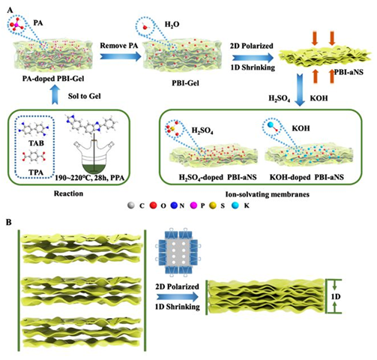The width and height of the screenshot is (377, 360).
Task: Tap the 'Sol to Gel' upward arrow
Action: coord(56,94)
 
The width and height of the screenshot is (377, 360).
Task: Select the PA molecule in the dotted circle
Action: coord(15,25)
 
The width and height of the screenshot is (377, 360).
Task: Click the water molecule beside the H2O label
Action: coord(145,25)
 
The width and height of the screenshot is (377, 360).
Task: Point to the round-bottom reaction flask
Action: coord(94,157)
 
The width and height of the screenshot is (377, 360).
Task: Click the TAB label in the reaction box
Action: coord(36,143)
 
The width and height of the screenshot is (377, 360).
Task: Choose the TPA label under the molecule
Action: coord(36,172)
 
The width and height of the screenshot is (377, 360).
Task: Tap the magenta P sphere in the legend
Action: coord(193,205)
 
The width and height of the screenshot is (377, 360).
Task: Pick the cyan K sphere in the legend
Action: coord(235,205)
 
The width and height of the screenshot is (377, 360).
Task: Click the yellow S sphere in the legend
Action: coord(213,205)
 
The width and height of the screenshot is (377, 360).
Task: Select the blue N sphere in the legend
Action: coord(174,205)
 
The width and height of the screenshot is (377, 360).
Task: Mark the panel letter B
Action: coord(9,222)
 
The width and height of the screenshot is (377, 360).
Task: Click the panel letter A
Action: coord(10,10)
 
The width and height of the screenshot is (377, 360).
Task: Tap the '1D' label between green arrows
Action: coord(336,297)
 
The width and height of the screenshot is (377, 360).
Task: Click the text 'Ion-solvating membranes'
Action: coord(268,194)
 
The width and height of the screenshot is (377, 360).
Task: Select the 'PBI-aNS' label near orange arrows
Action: coord(349,72)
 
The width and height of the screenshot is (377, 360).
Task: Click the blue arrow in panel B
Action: coord(178,297)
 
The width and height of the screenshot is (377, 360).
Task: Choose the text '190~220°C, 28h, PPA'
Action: coord(90,178)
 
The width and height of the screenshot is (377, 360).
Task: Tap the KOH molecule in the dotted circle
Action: coord(272,126)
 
